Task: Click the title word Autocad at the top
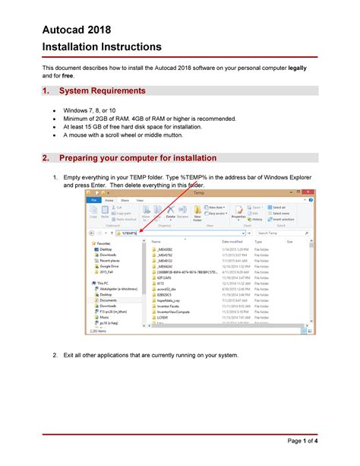click(67, 31)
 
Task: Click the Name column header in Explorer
click(156, 242)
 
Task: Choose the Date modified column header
click(231, 242)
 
